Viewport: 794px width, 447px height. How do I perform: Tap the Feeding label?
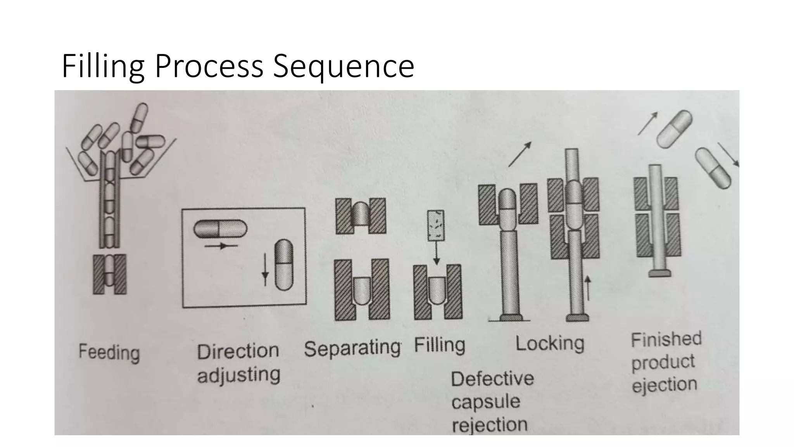(x=109, y=352)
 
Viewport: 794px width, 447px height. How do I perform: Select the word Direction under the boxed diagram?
(x=238, y=351)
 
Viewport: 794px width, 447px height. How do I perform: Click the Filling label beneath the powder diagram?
(x=439, y=345)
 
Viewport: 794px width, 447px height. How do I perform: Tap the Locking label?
(x=549, y=343)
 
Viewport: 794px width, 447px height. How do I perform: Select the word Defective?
(x=492, y=379)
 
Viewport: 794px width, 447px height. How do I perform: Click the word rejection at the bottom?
(x=490, y=424)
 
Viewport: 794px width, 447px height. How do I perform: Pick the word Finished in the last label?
(x=666, y=339)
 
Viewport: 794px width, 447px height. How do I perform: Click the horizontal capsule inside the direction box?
(x=220, y=229)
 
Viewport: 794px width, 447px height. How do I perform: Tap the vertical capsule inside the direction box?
(x=284, y=265)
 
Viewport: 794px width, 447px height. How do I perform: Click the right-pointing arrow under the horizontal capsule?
(x=221, y=246)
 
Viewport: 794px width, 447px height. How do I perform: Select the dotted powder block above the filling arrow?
(x=436, y=226)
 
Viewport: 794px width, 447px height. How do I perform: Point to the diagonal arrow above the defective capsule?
(x=519, y=154)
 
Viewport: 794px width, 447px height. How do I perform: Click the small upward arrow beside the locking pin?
(x=588, y=288)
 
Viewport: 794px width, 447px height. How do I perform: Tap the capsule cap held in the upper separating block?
(x=361, y=214)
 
